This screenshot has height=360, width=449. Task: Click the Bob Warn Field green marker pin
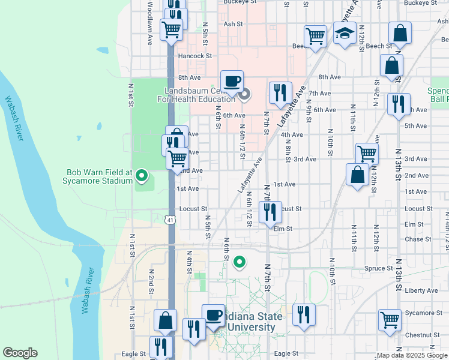pos(142,176)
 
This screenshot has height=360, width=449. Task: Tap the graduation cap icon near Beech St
pos(345,35)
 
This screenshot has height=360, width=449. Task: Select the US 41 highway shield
pos(171,220)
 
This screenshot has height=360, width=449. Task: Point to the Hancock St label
pos(196,56)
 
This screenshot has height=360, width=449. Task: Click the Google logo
pos(20,353)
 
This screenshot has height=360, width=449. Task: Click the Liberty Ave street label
pos(422,290)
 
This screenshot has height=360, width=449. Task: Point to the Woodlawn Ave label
pos(149,21)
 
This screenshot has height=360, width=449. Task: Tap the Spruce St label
pos(378,269)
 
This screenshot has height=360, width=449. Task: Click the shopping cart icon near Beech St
pos(315,36)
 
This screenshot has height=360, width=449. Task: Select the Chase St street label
pos(414,239)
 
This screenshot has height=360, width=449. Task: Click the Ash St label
pos(232,25)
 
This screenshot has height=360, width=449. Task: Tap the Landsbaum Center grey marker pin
pos(244,94)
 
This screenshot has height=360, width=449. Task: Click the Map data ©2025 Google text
pos(411,356)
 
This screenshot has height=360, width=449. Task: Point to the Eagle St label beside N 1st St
pos(134,354)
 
